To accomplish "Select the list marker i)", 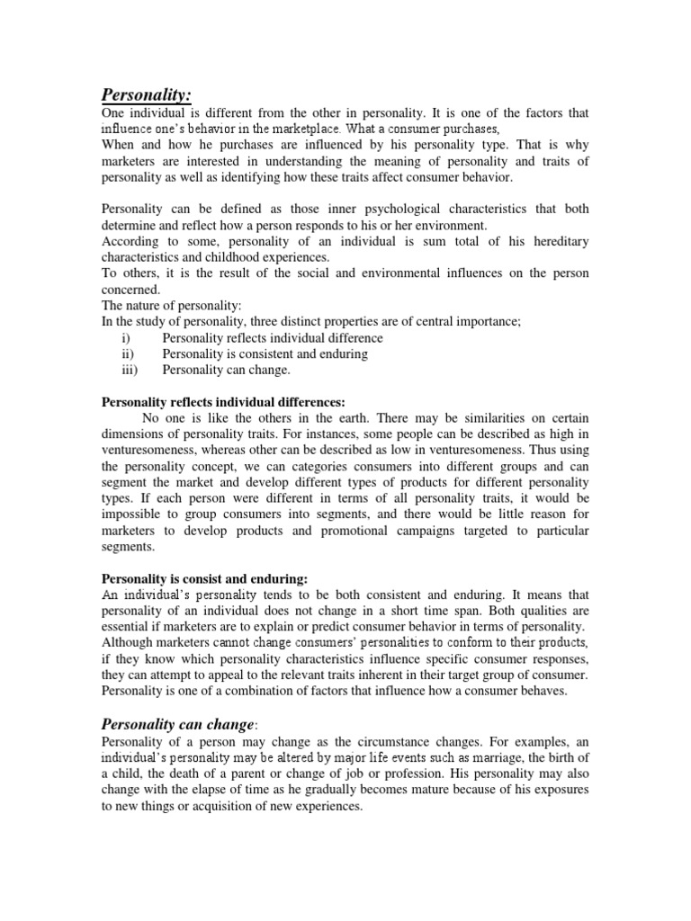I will [124, 338].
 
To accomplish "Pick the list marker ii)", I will [126, 354].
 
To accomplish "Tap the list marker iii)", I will [128, 371].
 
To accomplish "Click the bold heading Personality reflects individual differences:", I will [223, 402].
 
